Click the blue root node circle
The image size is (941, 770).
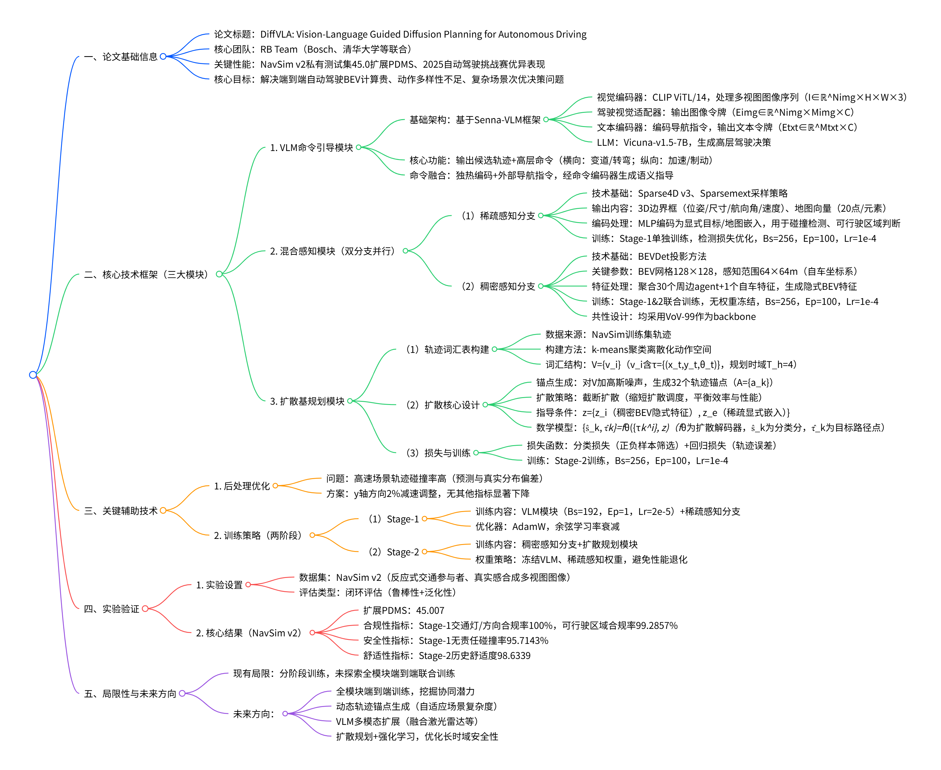(33, 375)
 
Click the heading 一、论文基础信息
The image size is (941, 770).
(121, 57)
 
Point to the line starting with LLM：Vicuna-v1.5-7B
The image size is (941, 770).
(683, 142)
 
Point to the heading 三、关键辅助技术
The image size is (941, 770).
(121, 511)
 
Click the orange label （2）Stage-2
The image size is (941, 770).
(393, 552)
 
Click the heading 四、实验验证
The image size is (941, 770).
(111, 609)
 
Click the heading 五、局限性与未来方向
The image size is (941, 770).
(130, 693)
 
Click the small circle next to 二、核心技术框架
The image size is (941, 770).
(219, 274)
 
